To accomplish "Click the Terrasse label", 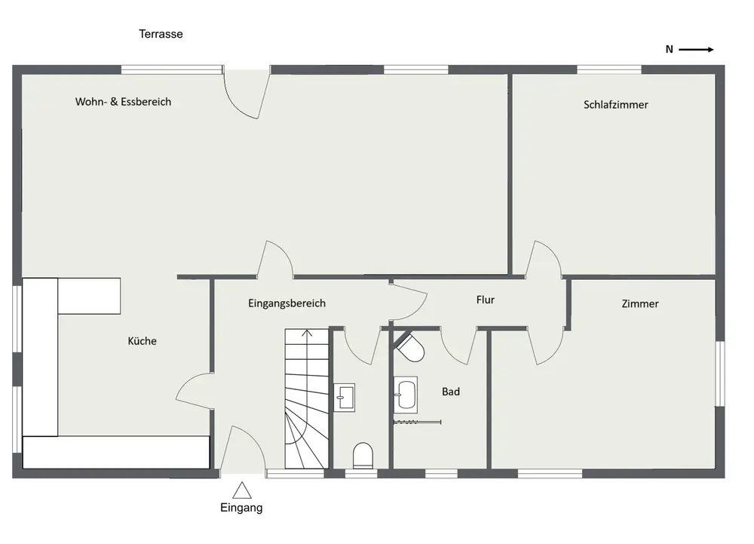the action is click(161, 34).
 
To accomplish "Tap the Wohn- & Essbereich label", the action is click(123, 102).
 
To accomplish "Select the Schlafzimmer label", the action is click(615, 105).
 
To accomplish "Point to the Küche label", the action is click(142, 341).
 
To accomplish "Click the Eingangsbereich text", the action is click(287, 303).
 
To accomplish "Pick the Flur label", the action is click(485, 300).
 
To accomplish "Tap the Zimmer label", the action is click(639, 304).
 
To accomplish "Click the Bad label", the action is click(451, 392).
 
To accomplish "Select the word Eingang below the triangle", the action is click(241, 508).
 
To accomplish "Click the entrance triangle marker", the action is click(242, 490).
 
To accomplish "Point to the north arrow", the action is click(696, 50).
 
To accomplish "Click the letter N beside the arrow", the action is click(669, 50).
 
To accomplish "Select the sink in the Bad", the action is click(406, 395).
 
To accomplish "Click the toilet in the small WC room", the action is click(363, 456).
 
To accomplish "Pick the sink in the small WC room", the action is click(345, 398).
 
